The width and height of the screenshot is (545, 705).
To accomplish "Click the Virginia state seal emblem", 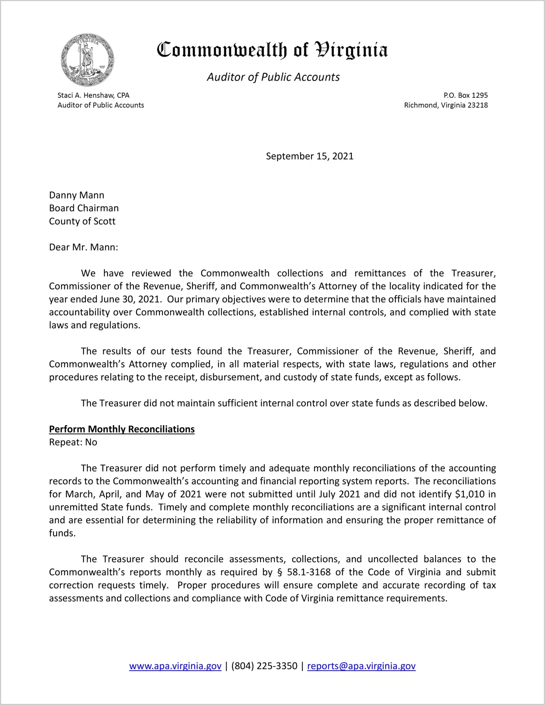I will (x=88, y=60).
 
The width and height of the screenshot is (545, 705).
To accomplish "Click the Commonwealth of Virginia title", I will (x=272, y=50).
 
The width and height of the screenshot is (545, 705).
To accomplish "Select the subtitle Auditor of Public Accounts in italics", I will (x=273, y=77).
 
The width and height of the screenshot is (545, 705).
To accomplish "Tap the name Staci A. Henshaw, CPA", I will (x=93, y=95).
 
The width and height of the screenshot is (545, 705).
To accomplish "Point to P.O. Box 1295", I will (x=465, y=95).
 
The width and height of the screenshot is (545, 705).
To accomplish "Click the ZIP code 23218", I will (x=478, y=105).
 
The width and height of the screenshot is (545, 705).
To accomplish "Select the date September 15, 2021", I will (x=309, y=156).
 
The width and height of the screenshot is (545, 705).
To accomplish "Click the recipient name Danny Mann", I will (x=77, y=195).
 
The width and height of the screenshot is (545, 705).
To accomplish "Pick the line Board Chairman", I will (x=84, y=208).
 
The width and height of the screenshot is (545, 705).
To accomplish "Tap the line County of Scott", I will (x=82, y=221).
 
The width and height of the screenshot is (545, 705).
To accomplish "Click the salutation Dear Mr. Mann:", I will (x=84, y=247).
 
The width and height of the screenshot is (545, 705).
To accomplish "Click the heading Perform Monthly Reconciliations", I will (x=122, y=429).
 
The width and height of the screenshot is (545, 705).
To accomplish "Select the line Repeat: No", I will (x=73, y=442).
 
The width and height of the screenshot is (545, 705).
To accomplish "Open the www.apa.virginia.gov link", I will (x=175, y=666).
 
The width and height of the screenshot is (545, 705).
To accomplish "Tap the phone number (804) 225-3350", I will (x=264, y=666).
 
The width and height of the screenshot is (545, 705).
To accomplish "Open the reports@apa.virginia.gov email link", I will (x=361, y=666).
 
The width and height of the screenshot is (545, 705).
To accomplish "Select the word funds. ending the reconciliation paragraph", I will (x=62, y=533).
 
